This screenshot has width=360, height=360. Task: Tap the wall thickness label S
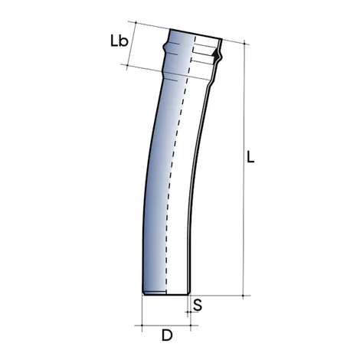(198, 305)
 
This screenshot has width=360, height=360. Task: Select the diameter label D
(165, 335)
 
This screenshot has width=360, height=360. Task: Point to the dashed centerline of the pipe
(183, 153)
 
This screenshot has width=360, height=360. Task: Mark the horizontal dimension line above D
(165, 324)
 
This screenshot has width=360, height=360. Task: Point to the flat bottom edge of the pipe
(165, 295)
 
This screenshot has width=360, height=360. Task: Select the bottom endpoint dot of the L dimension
(244, 295)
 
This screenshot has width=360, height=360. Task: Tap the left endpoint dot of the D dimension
(143, 324)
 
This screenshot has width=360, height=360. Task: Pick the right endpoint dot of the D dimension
(188, 324)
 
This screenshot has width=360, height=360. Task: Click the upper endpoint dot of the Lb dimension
(135, 24)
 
